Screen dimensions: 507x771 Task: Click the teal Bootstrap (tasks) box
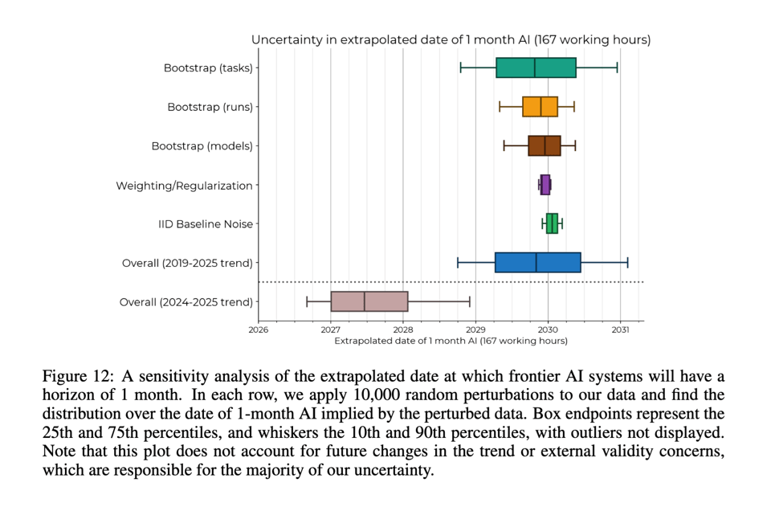pyautogui.click(x=536, y=67)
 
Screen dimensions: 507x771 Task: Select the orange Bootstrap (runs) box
pyautogui.click(x=540, y=107)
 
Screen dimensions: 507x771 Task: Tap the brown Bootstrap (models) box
pyautogui.click(x=544, y=145)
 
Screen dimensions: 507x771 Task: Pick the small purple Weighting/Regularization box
pyautogui.click(x=545, y=185)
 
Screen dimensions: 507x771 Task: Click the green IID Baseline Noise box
pyautogui.click(x=552, y=223)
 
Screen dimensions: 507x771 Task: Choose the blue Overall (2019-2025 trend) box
pyautogui.click(x=537, y=263)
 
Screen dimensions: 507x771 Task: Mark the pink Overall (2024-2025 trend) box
pyautogui.click(x=369, y=301)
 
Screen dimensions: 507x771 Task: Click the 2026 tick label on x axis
pyautogui.click(x=259, y=329)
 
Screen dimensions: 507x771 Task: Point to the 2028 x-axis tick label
pyautogui.click(x=403, y=329)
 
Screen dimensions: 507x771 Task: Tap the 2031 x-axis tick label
pyautogui.click(x=620, y=329)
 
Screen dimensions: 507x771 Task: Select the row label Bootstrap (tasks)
pyautogui.click(x=208, y=67)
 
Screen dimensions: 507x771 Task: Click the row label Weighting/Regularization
pyautogui.click(x=184, y=186)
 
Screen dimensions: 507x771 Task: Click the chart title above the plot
pyautogui.click(x=451, y=39)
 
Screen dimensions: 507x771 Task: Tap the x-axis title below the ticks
pyautogui.click(x=451, y=341)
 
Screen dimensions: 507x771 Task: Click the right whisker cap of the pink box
pyautogui.click(x=470, y=301)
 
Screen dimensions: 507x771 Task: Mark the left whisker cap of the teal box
pyautogui.click(x=460, y=67)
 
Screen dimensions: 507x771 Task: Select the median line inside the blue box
pyautogui.click(x=536, y=263)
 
